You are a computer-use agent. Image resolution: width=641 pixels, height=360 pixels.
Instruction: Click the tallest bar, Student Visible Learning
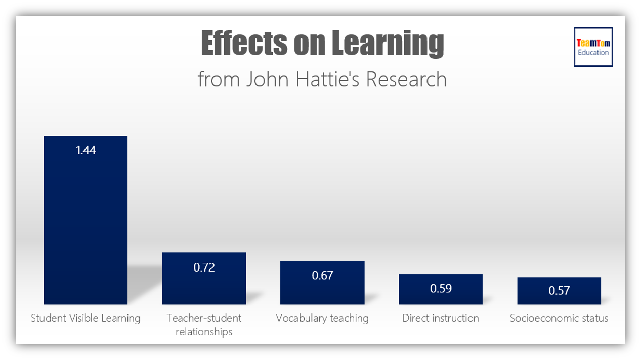point(86,222)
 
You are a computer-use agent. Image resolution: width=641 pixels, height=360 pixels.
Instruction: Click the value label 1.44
point(86,150)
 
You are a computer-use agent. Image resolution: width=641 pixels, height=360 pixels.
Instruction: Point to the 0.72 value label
point(204,267)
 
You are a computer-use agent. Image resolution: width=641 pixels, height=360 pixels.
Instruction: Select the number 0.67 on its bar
point(322,275)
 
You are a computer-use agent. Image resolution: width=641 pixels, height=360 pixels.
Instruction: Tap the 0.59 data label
point(440,288)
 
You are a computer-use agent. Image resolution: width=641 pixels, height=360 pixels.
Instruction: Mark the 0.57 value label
point(559,290)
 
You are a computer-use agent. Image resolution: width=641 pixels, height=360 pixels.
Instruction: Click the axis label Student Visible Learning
point(86,318)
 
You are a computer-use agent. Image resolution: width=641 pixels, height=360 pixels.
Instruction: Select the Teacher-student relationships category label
point(204,325)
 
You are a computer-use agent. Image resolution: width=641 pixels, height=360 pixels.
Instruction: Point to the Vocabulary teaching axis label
point(322,318)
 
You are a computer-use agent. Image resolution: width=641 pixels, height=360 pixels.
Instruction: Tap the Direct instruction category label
point(440,318)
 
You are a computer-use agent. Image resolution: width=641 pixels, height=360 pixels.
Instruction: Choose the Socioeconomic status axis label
point(559,318)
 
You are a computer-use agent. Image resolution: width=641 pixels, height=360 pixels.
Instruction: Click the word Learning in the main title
point(388,43)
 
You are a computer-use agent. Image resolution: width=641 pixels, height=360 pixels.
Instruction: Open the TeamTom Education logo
point(593,47)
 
